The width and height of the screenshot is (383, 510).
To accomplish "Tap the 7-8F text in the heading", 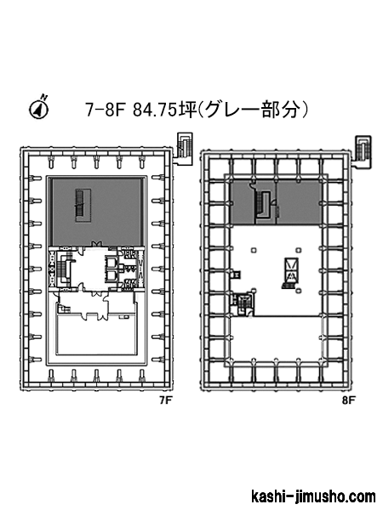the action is point(106,110).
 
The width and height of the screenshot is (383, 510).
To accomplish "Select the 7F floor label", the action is point(165,400).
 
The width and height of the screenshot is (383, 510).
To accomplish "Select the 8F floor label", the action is point(348,400).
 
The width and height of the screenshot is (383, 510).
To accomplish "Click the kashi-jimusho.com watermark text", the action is point(313,496).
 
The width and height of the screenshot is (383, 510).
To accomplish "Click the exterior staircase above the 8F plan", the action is point(363,149).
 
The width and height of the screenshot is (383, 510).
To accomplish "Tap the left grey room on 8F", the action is point(243,202).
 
